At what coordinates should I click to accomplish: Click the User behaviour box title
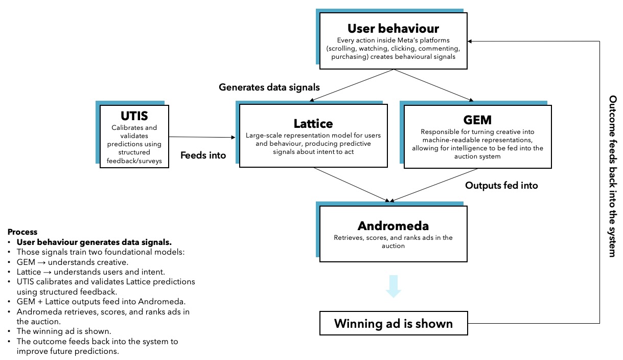click(393, 28)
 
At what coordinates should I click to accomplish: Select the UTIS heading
click(134, 116)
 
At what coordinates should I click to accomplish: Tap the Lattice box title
click(313, 123)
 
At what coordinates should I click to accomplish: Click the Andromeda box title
click(393, 226)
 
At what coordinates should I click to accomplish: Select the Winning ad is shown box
click(393, 323)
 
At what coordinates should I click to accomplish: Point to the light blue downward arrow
click(393, 286)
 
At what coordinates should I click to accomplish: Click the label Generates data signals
click(269, 87)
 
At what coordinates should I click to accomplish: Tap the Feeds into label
click(203, 155)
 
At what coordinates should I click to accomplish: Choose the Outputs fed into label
click(501, 185)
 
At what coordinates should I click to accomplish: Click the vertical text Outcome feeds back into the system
click(613, 176)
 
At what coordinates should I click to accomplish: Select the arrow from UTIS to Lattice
click(202, 137)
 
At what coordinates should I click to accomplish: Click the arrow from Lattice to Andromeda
click(353, 185)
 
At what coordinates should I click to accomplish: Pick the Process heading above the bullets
click(22, 232)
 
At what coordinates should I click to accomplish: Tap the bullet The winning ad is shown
click(63, 331)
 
